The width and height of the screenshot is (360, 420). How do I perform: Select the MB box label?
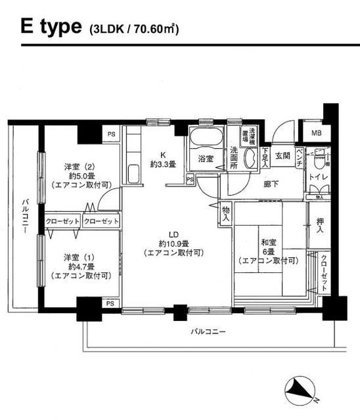click(317, 134)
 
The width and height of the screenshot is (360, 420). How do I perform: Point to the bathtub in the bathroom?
click(206, 138)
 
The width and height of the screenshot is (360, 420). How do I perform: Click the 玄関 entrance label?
click(282, 156)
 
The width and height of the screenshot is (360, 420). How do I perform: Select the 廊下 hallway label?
click(271, 184)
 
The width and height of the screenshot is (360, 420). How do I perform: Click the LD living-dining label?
click(173, 235)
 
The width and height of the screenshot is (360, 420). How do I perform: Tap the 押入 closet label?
click(320, 225)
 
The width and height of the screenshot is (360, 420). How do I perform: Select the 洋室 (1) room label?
click(81, 256)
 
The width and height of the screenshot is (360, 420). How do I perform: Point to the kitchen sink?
click(132, 174)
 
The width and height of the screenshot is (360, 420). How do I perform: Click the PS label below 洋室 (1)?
click(110, 304)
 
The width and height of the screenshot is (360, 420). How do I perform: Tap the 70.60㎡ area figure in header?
click(158, 30)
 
